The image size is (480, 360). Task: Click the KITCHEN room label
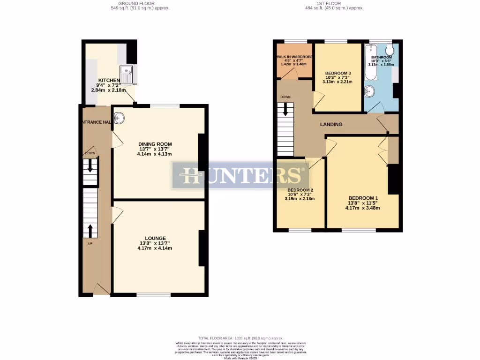106,80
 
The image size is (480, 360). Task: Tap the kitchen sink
127,74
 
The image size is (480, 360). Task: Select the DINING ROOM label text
155,144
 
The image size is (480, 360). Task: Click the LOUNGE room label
155,238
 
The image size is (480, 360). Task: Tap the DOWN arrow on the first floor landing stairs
285,111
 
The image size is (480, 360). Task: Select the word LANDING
331,124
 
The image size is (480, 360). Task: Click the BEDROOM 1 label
363,198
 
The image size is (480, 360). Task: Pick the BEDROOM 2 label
300,190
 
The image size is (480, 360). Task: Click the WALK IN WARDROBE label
294,57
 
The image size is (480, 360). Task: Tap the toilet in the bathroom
389,50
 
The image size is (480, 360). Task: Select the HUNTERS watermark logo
240,176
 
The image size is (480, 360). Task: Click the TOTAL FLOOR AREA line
240,337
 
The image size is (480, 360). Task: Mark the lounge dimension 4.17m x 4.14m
155,248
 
